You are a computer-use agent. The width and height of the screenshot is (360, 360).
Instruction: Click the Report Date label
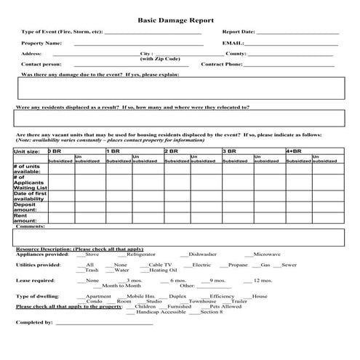(x=238, y=33)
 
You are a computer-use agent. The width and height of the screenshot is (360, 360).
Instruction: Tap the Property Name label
(x=41, y=44)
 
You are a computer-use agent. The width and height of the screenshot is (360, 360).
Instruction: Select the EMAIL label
(x=233, y=44)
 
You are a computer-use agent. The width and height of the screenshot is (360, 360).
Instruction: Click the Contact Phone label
(x=221, y=65)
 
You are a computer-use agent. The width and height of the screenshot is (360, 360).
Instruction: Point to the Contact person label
(x=41, y=65)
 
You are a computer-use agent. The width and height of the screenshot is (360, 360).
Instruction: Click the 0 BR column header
(x=55, y=151)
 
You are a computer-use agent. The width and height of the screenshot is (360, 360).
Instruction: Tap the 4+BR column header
(x=294, y=151)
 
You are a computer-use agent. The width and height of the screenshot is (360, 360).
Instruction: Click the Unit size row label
(x=26, y=151)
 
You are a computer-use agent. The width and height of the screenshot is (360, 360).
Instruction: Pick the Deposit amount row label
(x=25, y=207)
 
